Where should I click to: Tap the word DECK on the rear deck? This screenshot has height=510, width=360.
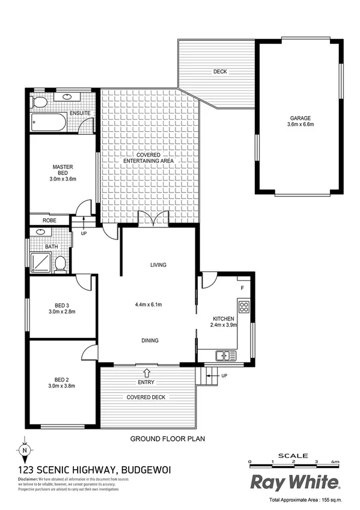coord(221,72)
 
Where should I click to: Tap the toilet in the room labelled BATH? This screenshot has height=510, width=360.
coord(60,263)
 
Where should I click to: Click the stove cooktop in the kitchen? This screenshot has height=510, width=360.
coord(244,308)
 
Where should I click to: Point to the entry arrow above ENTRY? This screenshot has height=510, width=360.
coord(146,373)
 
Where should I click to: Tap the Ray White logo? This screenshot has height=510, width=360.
coord(296,482)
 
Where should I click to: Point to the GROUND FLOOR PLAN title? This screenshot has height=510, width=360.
coord(168,439)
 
